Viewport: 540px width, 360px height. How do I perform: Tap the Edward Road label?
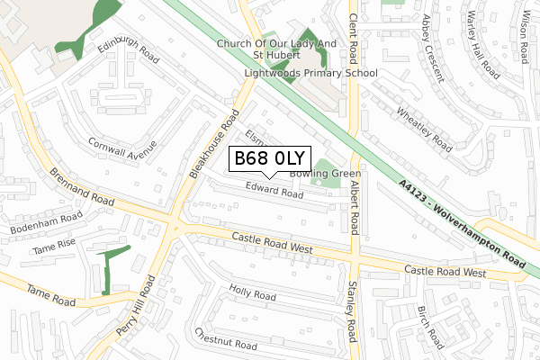274,192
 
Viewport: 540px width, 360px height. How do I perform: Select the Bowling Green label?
326,174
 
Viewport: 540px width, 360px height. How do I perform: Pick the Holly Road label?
252,293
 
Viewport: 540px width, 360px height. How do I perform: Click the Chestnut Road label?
226,340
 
